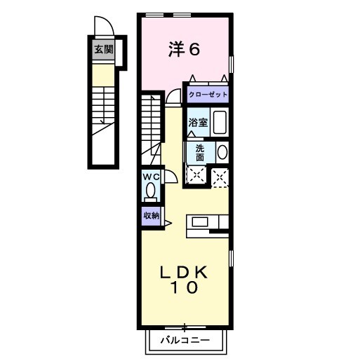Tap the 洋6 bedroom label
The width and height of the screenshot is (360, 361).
[185, 50]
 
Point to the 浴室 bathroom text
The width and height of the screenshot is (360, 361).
[196, 123]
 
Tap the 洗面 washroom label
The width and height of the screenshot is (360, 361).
[200, 152]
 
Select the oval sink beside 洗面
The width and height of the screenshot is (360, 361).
[222, 152]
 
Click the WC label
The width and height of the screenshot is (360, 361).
[151, 177]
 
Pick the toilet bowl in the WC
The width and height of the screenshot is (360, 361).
[150, 191]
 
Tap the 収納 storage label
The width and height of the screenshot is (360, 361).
[151, 216]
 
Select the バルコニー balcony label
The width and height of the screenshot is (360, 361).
[185, 341]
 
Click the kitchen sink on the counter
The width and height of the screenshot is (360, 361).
[200, 222]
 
